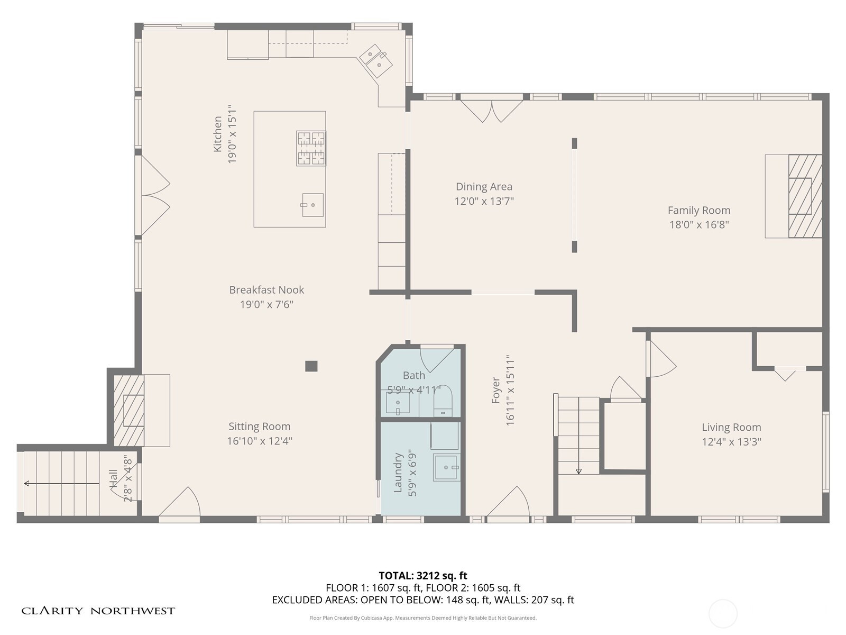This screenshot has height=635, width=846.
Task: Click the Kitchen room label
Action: click(x=218, y=134)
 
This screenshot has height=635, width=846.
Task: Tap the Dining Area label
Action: click(x=484, y=187)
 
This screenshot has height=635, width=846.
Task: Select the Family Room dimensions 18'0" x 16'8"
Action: click(x=699, y=224)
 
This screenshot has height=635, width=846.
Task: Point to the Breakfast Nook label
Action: click(x=266, y=289)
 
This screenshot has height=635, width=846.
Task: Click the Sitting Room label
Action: click(x=260, y=427)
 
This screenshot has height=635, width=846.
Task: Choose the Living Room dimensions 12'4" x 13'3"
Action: click(x=732, y=441)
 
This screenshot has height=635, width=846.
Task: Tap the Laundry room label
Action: click(x=398, y=473)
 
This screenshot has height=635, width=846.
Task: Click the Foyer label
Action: click(x=495, y=391)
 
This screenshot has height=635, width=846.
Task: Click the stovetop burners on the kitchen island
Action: click(x=311, y=149)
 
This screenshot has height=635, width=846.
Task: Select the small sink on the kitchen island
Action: click(x=312, y=205)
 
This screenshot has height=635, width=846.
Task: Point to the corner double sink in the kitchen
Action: click(x=376, y=61)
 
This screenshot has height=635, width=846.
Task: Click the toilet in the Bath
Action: click(x=443, y=401)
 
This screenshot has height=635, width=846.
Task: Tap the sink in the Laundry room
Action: click(x=446, y=467)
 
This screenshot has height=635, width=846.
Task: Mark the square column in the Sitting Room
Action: click(x=311, y=366)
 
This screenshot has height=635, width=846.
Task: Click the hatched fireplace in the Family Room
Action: click(x=805, y=196)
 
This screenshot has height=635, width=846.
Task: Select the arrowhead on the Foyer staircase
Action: click(x=578, y=471)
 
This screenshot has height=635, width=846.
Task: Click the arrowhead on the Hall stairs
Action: click(x=26, y=484)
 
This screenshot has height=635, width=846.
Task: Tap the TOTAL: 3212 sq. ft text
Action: click(x=423, y=576)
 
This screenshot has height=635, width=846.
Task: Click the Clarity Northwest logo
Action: click(x=98, y=611)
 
